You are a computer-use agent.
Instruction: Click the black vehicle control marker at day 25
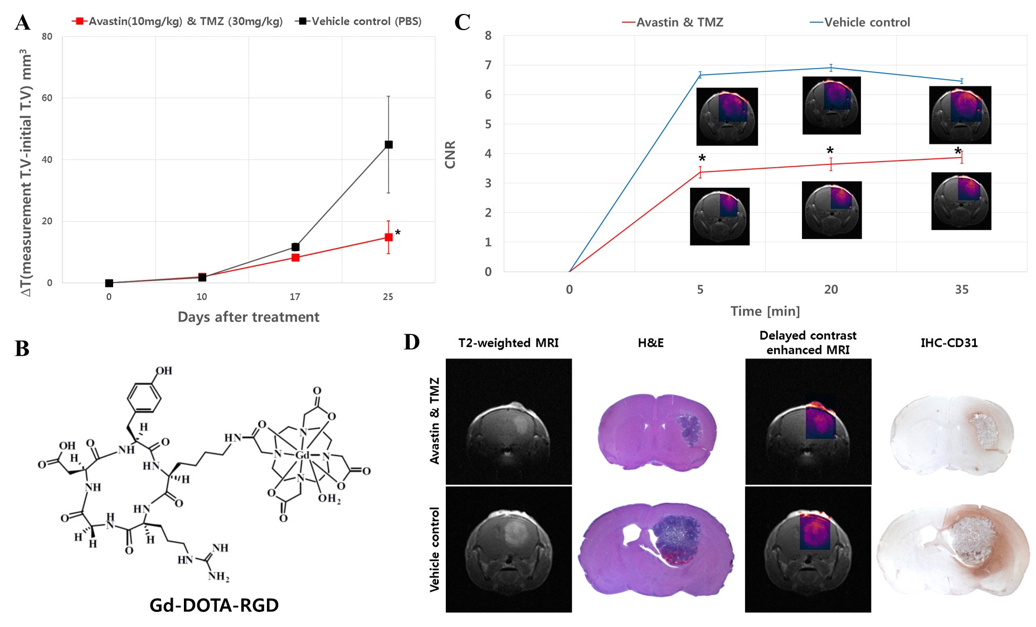(388, 144)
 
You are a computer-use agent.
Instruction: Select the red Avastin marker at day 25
(388, 237)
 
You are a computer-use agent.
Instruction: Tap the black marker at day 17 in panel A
(295, 247)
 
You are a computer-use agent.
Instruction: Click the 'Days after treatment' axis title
(249, 317)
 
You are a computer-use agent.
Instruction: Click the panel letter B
(22, 349)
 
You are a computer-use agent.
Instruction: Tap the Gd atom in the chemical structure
(302, 455)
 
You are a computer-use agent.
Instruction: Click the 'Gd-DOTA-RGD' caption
(214, 605)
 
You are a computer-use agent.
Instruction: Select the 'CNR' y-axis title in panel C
(450, 154)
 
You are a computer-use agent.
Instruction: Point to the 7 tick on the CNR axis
(488, 65)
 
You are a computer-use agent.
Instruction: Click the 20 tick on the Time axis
(830, 290)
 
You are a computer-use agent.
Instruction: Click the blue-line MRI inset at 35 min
(960, 115)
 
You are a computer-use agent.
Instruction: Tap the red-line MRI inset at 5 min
(719, 216)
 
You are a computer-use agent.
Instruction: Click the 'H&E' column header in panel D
(650, 343)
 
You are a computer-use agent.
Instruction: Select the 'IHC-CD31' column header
(949, 343)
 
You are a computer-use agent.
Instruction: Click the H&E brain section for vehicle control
(656, 549)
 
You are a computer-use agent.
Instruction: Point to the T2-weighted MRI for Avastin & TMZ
(509, 422)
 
